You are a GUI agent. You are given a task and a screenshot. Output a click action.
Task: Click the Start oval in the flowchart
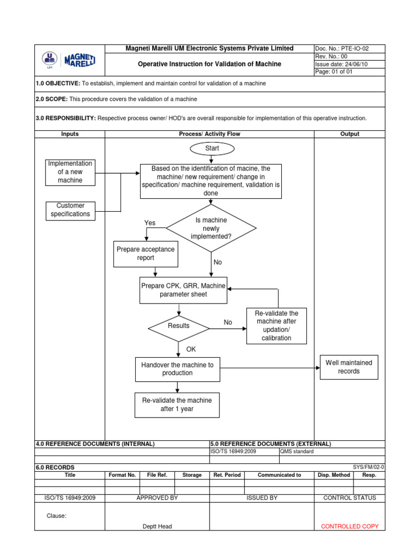click(212, 148)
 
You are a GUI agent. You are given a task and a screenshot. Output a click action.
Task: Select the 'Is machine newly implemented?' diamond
click(211, 229)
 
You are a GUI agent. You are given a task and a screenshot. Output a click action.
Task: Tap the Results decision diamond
click(179, 326)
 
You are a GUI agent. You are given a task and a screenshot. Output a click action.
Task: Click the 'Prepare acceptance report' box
click(146, 254)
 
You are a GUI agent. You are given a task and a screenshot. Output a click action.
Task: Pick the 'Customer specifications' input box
click(71, 210)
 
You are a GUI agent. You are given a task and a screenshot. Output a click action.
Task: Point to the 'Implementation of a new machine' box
click(70, 172)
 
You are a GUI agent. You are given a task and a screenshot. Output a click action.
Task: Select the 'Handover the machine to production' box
click(177, 369)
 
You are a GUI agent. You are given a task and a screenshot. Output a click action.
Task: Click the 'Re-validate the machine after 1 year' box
click(177, 405)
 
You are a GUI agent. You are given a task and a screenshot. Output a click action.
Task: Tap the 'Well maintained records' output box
click(349, 367)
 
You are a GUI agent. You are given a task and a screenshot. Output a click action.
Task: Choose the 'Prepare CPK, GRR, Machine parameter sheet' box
click(184, 290)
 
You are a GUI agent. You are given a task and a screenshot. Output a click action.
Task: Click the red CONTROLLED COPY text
click(350, 526)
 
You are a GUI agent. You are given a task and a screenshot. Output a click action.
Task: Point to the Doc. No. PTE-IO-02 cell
click(349, 48)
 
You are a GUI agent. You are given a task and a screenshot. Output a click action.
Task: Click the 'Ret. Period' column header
click(227, 475)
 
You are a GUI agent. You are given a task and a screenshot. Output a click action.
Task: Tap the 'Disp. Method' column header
click(333, 475)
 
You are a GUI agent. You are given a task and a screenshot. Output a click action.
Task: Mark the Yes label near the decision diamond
click(150, 223)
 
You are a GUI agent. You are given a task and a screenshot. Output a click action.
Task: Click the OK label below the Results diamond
click(191, 349)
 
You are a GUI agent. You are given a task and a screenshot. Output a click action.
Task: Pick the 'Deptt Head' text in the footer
click(157, 526)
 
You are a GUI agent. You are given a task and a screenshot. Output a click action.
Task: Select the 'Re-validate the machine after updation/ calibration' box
click(276, 326)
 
